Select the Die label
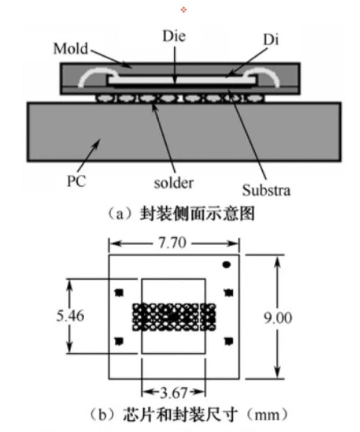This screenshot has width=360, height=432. tap(174, 37)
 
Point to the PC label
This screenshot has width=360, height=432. tap(76, 181)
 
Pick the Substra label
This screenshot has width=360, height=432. tap(267, 190)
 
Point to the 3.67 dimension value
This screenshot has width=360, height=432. tap(173, 391)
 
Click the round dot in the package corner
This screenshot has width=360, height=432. tap(226, 264)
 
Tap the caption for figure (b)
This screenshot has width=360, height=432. tap(180, 414)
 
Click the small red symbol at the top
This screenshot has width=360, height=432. tap(183, 10)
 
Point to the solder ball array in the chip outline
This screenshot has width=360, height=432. tap(173, 317)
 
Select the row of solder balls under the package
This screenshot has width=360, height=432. tap(179, 98)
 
